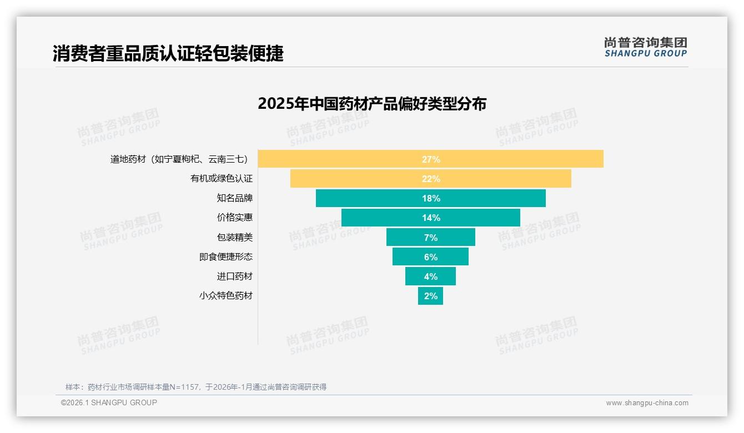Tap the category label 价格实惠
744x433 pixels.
pyautogui.click(x=234, y=218)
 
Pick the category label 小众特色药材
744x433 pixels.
pyautogui.click(x=225, y=296)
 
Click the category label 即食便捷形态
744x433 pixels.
pyautogui.click(x=225, y=257)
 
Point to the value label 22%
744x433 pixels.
pyautogui.click(x=431, y=179)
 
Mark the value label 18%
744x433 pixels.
pyautogui.click(x=431, y=198)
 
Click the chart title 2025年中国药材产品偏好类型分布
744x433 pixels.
pyautogui.click(x=372, y=104)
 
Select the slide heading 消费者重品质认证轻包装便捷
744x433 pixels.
pyautogui.click(x=168, y=53)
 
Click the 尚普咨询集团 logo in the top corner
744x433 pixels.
pyautogui.click(x=645, y=47)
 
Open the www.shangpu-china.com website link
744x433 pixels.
pyautogui.click(x=647, y=403)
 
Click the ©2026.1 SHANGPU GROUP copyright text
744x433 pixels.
pyautogui.click(x=109, y=402)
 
